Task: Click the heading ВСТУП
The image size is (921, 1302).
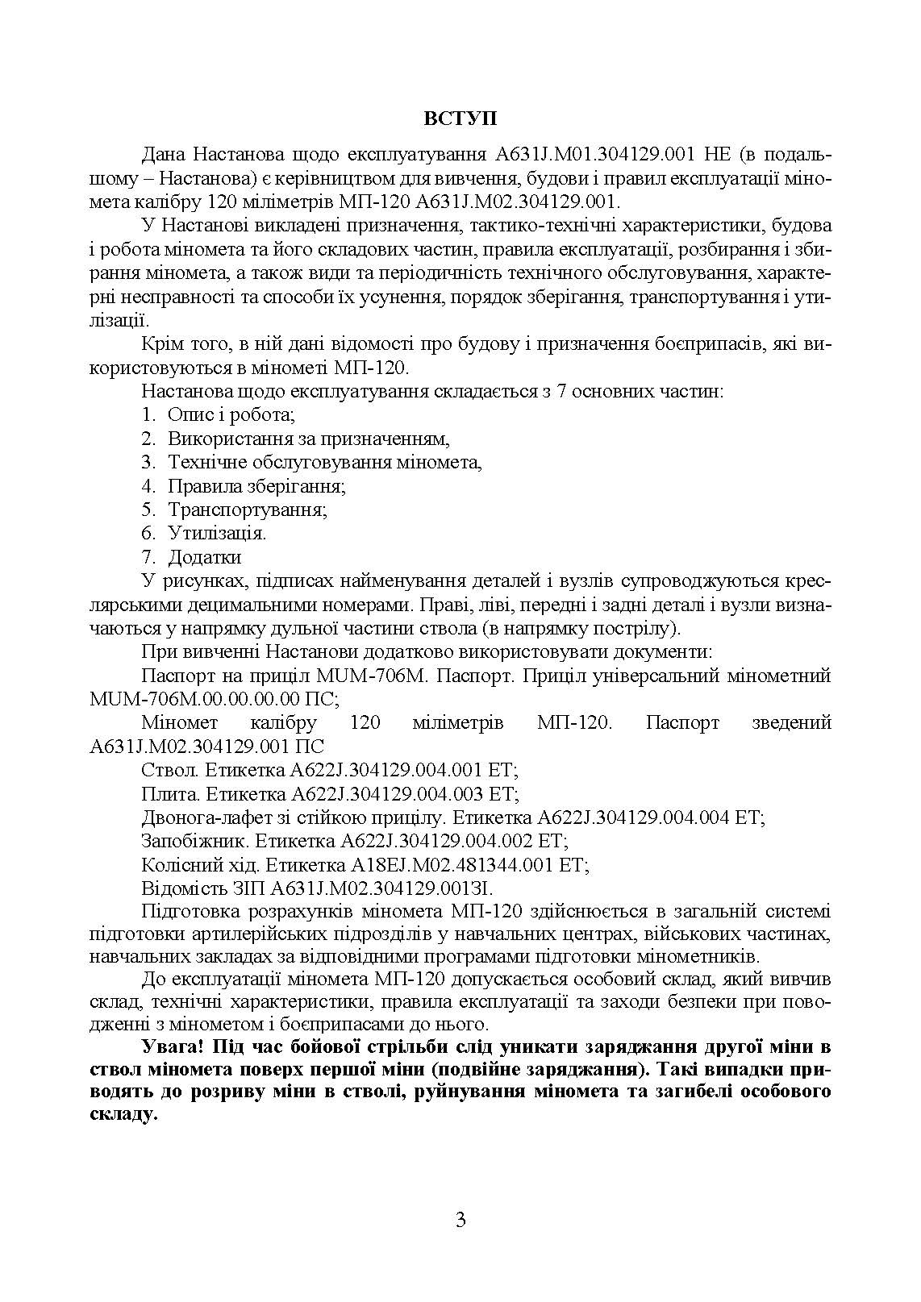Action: tap(460, 119)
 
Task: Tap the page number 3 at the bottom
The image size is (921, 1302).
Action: tap(460, 1220)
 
